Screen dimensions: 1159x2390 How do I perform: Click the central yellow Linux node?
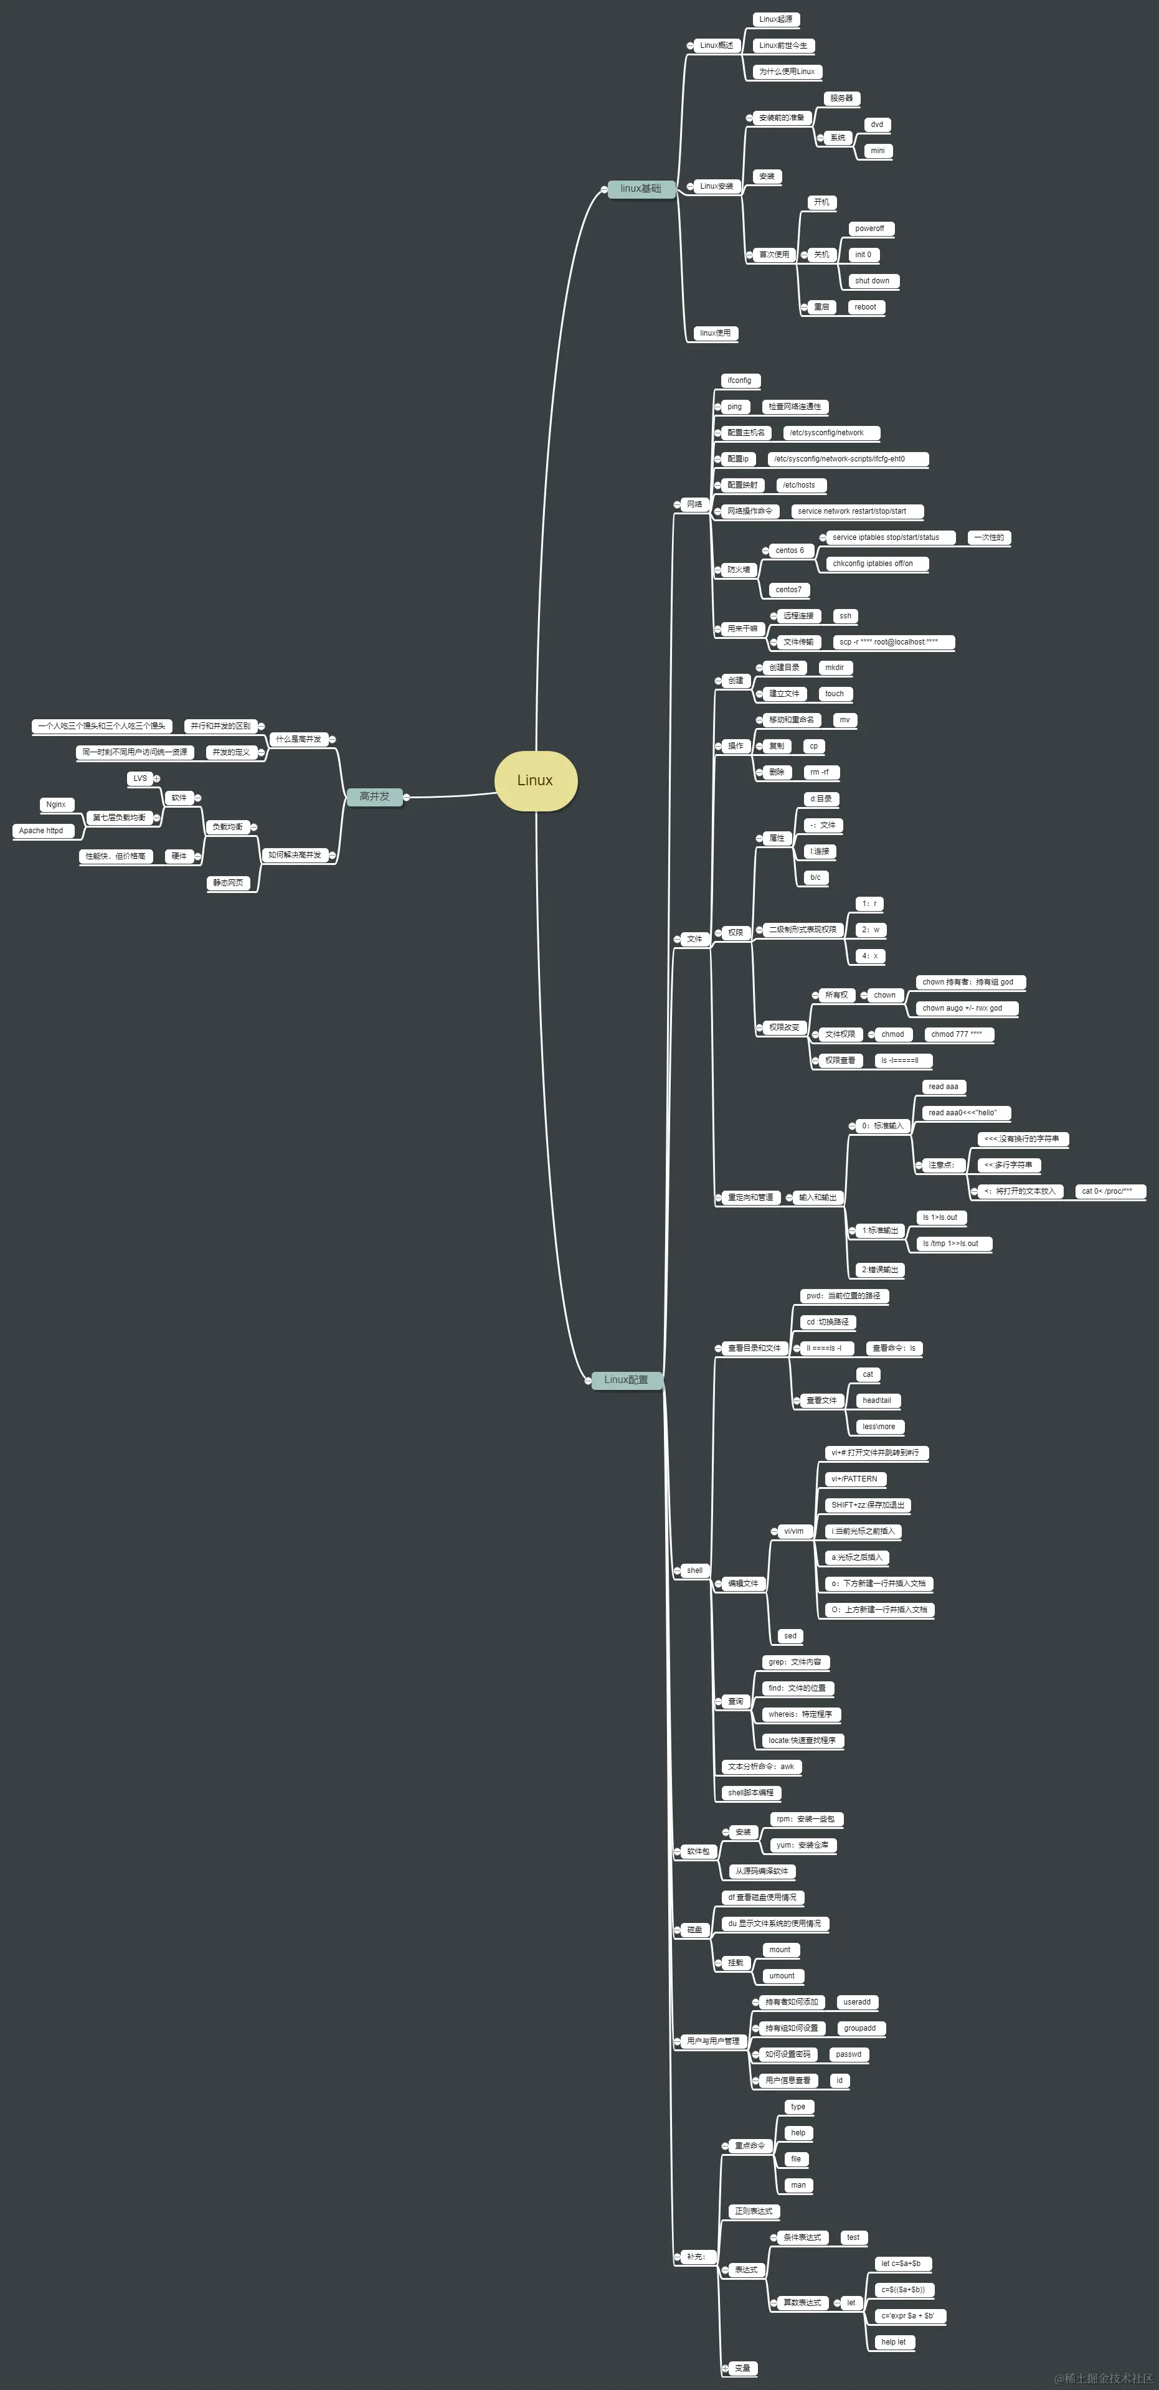click(536, 780)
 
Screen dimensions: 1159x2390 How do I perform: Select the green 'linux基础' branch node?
click(640, 188)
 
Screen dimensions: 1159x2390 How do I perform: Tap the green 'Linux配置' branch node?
click(627, 1379)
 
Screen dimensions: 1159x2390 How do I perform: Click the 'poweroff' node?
click(869, 229)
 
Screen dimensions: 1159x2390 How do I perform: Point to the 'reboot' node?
click(865, 307)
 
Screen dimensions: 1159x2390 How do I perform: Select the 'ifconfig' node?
click(740, 380)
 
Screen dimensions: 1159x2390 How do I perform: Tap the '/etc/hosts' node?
click(799, 485)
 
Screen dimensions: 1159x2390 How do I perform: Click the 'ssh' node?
click(844, 616)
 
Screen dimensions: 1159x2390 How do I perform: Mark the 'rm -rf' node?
click(820, 772)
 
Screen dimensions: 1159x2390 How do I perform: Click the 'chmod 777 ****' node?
click(957, 1034)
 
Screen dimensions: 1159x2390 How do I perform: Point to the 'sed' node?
click(790, 1636)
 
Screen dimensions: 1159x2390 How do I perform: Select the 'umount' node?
click(782, 1977)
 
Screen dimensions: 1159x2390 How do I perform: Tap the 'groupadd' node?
click(859, 2028)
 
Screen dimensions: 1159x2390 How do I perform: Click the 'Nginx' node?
click(55, 805)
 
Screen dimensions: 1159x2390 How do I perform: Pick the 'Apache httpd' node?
click(41, 830)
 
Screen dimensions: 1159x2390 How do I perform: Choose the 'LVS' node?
click(140, 778)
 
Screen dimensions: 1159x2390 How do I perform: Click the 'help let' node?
click(892, 2342)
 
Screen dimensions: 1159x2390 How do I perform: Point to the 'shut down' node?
click(873, 281)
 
